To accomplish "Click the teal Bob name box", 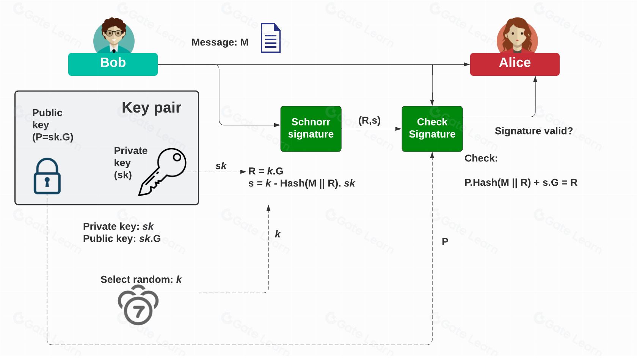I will coord(113,64).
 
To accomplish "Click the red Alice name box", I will coord(515,64).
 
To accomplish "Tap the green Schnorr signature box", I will coord(311,128).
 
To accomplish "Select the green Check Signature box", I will coord(432,128).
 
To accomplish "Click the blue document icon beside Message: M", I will coord(270,38).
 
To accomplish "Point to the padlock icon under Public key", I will coord(47,176).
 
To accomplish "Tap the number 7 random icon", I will coord(138,305).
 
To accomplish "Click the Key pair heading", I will coord(151,108).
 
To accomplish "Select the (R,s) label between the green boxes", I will coord(369,121).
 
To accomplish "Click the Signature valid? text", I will coord(533,131).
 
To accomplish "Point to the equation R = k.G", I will coord(266,171).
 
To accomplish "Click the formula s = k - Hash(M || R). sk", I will coord(301,183).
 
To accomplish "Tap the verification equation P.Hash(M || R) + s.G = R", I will coord(521,183).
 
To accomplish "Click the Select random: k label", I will coord(141,280).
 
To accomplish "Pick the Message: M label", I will coord(220,42).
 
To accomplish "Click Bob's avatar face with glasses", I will coord(114,33).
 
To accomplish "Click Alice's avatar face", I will coord(517,35).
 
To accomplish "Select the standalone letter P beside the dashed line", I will coord(445,242).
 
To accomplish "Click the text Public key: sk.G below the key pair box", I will coord(122,239).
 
